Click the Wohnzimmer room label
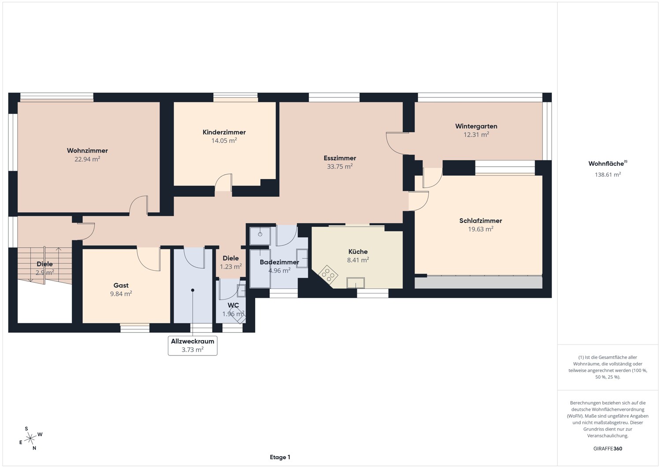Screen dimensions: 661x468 [87, 151]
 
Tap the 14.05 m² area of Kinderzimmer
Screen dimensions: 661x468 [224, 141]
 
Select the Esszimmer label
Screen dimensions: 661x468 [340, 158]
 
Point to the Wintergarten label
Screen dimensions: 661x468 [476, 126]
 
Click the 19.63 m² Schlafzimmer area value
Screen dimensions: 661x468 [480, 229]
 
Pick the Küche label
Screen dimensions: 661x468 [358, 251]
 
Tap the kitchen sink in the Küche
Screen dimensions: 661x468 [356, 283]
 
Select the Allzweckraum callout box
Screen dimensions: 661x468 [193, 345]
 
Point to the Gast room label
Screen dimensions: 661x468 [121, 285]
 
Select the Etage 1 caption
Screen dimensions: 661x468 [280, 457]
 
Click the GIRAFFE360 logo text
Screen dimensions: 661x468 [608, 449]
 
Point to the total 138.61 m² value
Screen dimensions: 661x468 [608, 175]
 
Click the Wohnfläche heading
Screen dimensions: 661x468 [608, 163]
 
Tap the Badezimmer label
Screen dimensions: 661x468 [279, 262]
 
